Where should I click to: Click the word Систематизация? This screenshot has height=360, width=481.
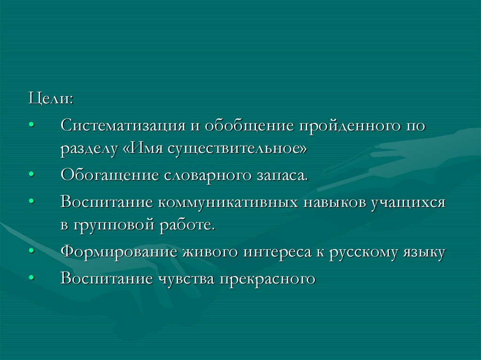click(120, 126)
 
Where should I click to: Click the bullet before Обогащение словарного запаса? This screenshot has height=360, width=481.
click(31, 175)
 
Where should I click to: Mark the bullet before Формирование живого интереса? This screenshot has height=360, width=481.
click(31, 252)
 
